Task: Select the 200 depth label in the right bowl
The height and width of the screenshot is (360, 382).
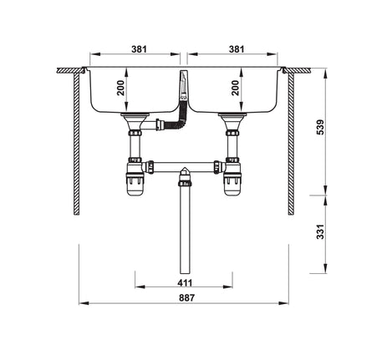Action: pyautogui.click(x=235, y=89)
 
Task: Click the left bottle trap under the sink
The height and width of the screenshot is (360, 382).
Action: pyautogui.click(x=134, y=182)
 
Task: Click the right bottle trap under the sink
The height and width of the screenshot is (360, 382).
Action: pyautogui.click(x=231, y=182)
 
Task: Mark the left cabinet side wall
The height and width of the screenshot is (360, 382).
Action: pyautogui.click(x=78, y=142)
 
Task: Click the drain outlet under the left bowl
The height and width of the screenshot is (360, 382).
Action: pyautogui.click(x=134, y=125)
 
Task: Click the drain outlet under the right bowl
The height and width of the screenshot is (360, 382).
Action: pyautogui.click(x=231, y=125)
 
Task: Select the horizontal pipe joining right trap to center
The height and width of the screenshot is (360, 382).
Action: pyautogui.click(x=205, y=165)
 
